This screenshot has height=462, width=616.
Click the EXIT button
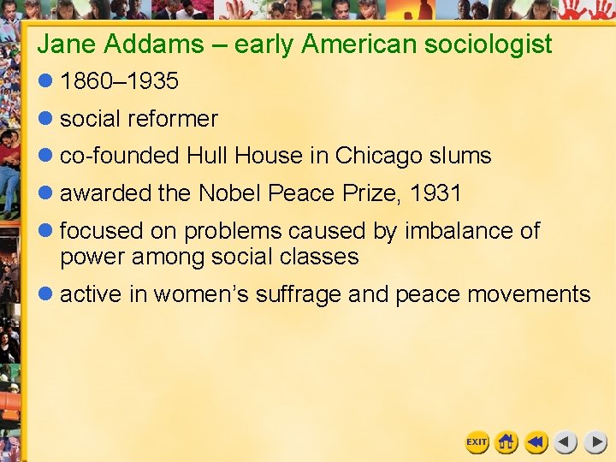(477, 442)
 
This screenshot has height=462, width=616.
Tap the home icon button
(506, 442)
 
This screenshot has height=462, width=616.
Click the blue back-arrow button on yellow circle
(536, 442)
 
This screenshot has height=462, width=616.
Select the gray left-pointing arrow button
(566, 442)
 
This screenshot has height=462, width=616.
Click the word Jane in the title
(62, 44)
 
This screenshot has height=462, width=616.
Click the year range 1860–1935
(119, 81)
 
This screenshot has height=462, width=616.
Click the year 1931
(435, 193)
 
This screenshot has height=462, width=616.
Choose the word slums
(462, 156)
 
